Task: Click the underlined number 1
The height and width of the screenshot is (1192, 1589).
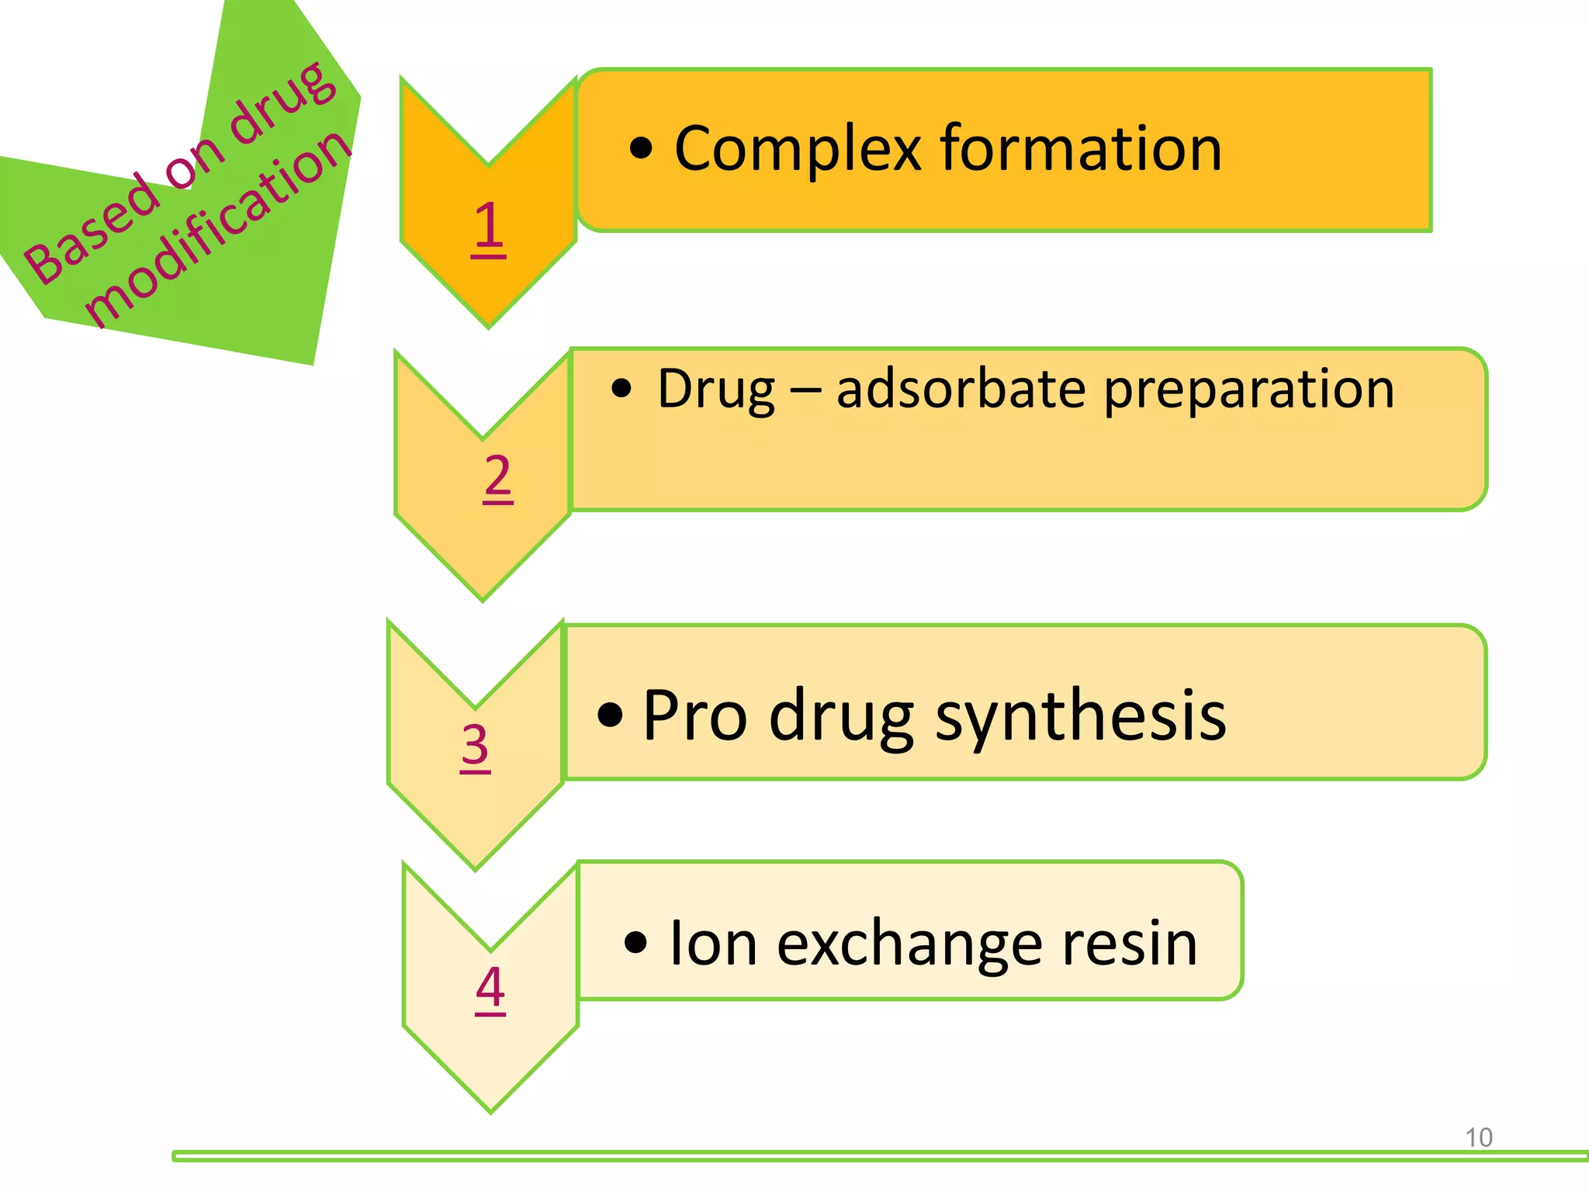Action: [x=488, y=227]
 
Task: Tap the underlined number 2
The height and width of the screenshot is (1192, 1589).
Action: [x=497, y=476]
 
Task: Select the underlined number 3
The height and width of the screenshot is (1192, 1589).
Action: [x=475, y=745]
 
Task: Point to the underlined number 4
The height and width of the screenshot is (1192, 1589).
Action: [x=490, y=987]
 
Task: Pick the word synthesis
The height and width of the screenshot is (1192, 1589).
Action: [x=1081, y=716]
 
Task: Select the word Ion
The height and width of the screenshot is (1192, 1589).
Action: [x=713, y=943]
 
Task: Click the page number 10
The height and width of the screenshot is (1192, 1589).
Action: [x=1478, y=1137]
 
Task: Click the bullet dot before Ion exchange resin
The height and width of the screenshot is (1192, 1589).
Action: [x=635, y=943]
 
